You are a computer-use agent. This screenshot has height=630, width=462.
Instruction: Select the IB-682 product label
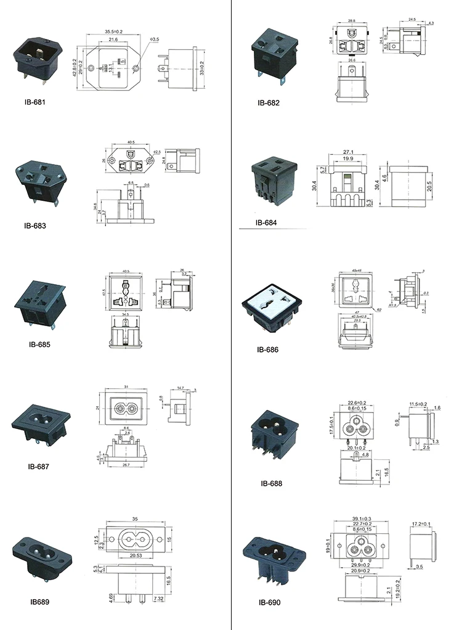(268, 103)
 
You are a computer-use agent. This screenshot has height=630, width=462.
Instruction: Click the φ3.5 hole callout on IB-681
(155, 39)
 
